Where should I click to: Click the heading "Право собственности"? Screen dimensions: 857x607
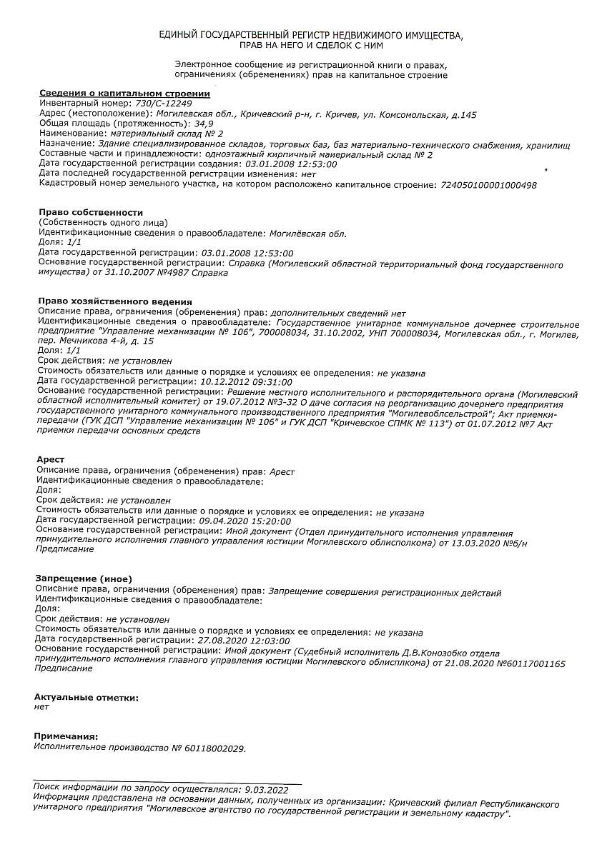point(91,212)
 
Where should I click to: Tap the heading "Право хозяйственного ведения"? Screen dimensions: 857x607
point(115,301)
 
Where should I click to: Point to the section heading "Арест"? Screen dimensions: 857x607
point(50,459)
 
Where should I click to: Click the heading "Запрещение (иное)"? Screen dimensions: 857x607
point(84,578)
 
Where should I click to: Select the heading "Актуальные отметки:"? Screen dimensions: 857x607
point(87,696)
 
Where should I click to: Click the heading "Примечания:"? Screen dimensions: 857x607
point(66,736)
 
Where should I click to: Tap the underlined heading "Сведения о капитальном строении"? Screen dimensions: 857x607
point(124,94)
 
